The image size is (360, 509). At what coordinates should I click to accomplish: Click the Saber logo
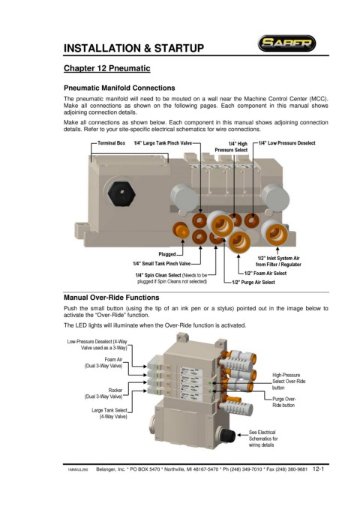(x=286, y=43)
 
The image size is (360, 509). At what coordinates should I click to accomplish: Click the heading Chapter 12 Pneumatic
(x=107, y=68)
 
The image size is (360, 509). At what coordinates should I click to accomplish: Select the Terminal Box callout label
(x=111, y=143)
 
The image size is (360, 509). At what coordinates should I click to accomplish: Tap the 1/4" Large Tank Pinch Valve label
(x=163, y=143)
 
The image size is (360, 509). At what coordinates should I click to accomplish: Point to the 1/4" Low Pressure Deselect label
(x=287, y=143)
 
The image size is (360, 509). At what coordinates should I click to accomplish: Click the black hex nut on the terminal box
(x=121, y=193)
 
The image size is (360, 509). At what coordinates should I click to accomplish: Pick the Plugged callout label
(x=167, y=254)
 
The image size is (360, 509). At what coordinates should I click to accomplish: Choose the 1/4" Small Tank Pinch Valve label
(x=161, y=264)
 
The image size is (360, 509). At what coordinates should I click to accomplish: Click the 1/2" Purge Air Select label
(x=253, y=283)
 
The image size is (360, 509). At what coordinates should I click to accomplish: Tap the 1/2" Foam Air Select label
(x=265, y=274)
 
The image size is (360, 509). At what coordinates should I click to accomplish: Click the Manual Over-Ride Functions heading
(x=112, y=298)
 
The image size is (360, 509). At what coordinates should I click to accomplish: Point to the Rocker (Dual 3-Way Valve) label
(x=103, y=394)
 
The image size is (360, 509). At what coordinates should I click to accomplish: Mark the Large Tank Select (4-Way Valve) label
(x=109, y=413)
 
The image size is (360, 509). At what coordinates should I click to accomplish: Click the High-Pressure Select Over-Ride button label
(x=289, y=382)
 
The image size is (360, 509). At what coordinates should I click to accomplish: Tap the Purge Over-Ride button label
(x=284, y=403)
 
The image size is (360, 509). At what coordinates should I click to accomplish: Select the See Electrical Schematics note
(x=263, y=439)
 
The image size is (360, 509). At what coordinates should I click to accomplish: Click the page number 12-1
(x=319, y=469)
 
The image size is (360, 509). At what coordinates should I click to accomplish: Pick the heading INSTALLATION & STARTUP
(x=133, y=49)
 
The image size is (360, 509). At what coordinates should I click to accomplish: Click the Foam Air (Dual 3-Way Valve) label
(x=103, y=363)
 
